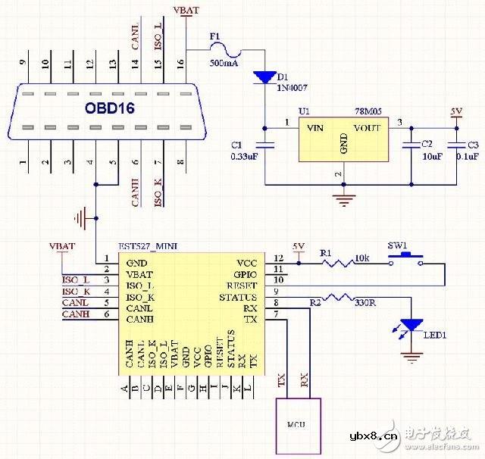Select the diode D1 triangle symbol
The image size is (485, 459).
click(x=264, y=76)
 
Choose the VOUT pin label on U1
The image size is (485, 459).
click(x=367, y=128)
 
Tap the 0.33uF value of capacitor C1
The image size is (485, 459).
click(x=245, y=156)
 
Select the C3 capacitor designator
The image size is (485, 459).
click(x=473, y=144)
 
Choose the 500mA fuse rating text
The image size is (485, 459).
click(x=225, y=63)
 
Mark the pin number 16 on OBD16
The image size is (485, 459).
click(x=181, y=64)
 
